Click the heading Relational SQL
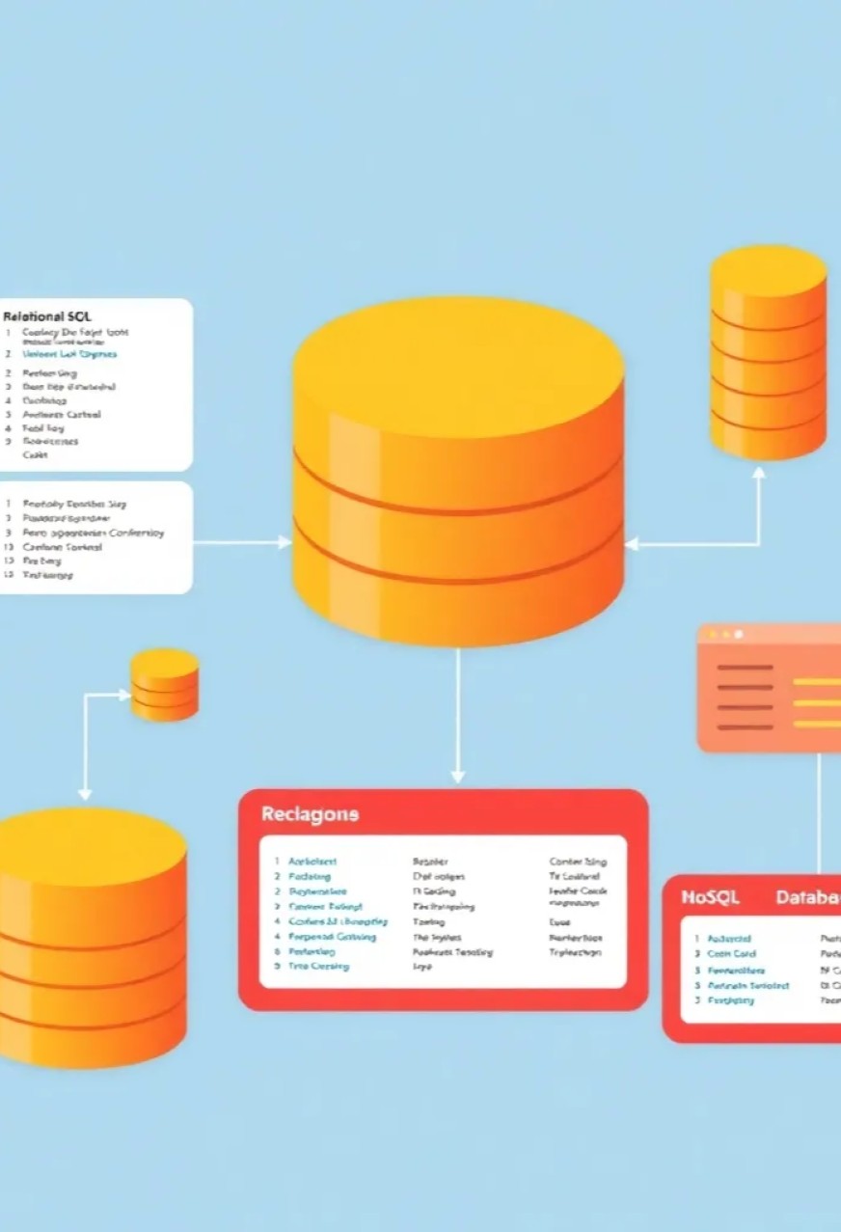(x=47, y=316)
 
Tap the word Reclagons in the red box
(x=310, y=814)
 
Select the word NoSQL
(x=710, y=897)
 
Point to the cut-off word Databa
(x=808, y=897)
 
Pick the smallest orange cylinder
(x=165, y=684)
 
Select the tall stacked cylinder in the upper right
(x=769, y=351)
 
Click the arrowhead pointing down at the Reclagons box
(x=457, y=775)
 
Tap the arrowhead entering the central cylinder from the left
(x=285, y=542)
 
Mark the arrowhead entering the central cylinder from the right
(x=632, y=544)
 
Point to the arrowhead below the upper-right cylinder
(x=759, y=473)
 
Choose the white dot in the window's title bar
(x=739, y=635)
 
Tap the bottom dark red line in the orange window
(x=746, y=726)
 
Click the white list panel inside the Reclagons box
(x=443, y=912)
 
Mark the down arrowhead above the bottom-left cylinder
(x=85, y=793)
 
